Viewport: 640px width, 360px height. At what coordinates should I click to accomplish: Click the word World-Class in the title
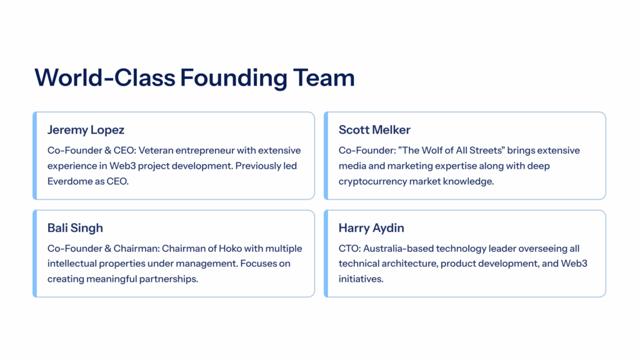104,78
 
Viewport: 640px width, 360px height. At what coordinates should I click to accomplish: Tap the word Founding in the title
233,78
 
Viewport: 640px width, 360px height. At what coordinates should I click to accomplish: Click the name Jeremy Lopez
86,130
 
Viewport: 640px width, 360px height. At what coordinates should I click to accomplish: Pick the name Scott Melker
374,130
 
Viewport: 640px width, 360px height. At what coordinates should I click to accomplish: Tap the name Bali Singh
75,228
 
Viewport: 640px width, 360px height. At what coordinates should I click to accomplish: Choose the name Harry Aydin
372,228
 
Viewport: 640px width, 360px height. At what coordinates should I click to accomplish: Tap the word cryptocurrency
372,181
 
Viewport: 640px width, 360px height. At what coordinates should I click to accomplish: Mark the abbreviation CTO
348,249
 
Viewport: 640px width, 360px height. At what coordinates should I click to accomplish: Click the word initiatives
361,279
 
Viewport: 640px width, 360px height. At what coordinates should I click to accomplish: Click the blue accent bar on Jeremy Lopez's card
35,156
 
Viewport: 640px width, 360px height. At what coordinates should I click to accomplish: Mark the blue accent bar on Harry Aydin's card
326,253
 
